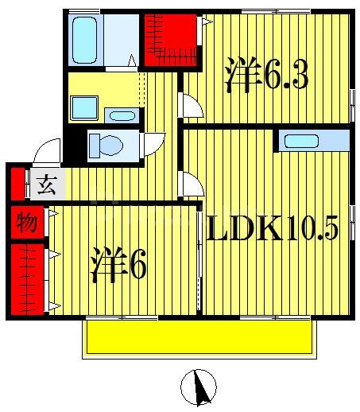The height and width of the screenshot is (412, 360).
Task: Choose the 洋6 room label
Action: point(118,265)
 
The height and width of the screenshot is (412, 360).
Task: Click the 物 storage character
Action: point(25,222)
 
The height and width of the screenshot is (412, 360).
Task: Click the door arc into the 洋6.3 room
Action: point(191,104)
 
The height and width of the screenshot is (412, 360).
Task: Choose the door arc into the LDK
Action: point(191,185)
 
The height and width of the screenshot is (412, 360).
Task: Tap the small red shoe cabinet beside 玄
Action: point(16,185)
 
